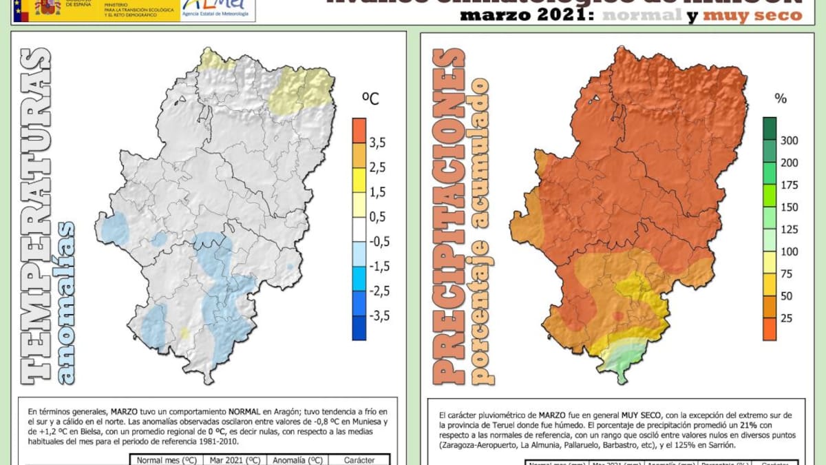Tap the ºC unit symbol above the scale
pos(370,100)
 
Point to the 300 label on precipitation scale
pos(789,141)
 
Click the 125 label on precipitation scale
pos(789,229)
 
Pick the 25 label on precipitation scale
pos(786,318)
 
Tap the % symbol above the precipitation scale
pos(780,99)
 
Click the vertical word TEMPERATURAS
pos(34,214)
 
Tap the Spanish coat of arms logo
pos(47,8)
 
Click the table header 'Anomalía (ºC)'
pos(297,459)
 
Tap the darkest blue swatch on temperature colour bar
pos(359,328)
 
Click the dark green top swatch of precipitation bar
pos(770,128)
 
